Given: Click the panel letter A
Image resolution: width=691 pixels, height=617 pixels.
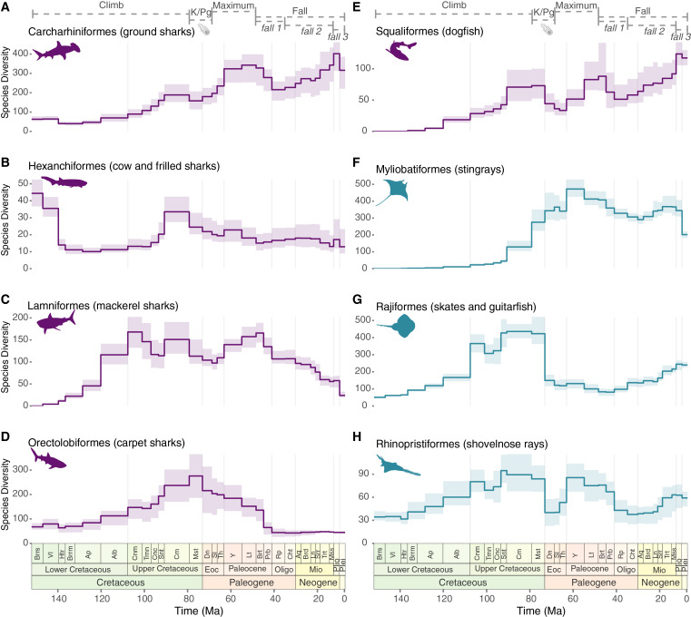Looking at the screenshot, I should (6, 7).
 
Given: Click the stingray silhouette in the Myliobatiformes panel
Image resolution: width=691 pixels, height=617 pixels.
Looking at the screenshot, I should (395, 192).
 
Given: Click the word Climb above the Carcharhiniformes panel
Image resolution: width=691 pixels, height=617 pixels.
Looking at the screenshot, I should (109, 6).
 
